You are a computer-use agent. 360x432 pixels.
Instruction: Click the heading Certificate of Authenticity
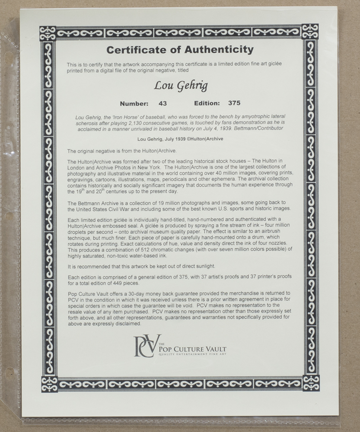[180, 50]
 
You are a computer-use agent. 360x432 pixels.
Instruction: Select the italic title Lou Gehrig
[180, 86]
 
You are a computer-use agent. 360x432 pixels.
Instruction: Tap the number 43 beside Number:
[162, 103]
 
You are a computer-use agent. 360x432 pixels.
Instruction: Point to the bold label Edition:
[207, 103]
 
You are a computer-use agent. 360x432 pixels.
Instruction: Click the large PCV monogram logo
[146, 346]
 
